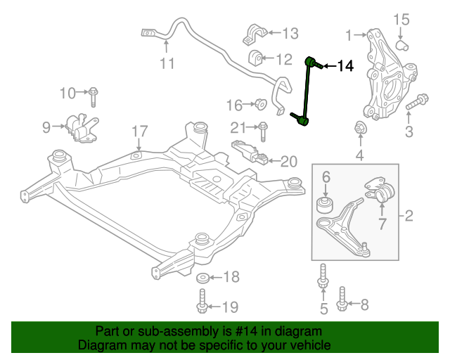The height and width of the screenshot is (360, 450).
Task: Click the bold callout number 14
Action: (345, 66)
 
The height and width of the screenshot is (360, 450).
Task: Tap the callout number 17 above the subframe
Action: (139, 131)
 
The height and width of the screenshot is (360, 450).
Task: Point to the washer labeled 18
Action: (202, 278)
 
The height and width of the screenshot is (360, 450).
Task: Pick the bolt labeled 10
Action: (93, 97)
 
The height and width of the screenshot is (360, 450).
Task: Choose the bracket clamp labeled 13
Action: (255, 34)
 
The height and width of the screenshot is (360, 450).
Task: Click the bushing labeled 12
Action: (255, 58)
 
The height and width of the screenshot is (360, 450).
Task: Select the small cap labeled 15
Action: (402, 46)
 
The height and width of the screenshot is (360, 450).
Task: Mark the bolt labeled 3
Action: (417, 102)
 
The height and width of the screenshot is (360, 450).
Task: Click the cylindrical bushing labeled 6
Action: (325, 205)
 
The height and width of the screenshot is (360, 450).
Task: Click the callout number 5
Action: (323, 309)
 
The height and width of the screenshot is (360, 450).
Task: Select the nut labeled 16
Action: (261, 104)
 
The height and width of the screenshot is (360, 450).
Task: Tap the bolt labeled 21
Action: (263, 131)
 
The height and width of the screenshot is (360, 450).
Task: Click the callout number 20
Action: (289, 162)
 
